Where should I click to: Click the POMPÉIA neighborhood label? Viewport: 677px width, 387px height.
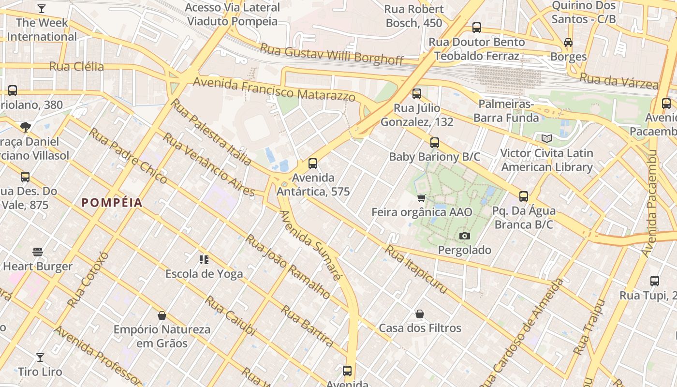(112, 203)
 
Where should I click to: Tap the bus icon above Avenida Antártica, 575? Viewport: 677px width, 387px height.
(313, 164)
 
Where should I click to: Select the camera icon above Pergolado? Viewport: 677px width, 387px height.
(464, 236)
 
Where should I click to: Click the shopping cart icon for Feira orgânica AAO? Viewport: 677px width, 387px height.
(421, 198)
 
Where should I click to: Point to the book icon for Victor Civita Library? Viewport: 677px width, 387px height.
(546, 139)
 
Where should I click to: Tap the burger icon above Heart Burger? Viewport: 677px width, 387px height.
(38, 252)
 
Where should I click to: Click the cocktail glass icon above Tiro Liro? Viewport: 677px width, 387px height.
(40, 357)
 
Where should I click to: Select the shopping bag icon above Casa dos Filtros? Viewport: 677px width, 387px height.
(420, 314)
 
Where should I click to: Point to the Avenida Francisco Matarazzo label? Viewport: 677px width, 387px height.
(274, 89)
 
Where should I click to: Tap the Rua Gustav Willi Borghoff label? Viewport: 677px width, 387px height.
(332, 53)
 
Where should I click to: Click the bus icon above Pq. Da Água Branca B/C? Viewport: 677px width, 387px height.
(524, 196)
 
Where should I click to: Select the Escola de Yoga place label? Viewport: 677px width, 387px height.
(204, 274)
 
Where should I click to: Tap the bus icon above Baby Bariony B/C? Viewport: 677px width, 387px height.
(435, 143)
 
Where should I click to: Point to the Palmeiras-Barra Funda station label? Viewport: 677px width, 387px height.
(506, 111)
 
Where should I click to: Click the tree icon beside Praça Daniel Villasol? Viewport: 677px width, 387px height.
(26, 127)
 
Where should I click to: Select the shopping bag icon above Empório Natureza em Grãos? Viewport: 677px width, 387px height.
(162, 315)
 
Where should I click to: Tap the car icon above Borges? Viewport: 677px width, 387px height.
(568, 43)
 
